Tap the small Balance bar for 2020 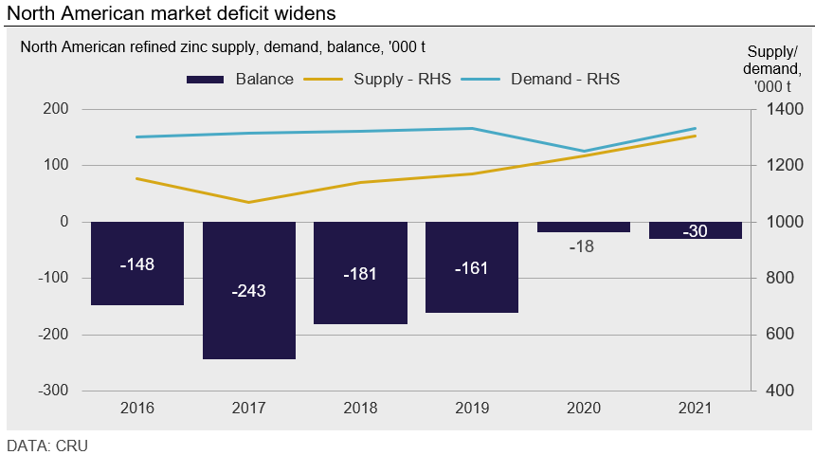tap(584, 227)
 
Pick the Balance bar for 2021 tap(696, 230)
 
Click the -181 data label tap(360, 274)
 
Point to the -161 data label tap(472, 267)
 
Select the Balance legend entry tap(241, 79)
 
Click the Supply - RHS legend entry tap(375, 79)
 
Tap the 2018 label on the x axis tap(360, 409)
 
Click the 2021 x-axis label tap(696, 409)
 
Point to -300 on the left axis tap(53, 391)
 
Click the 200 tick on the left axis tap(57, 109)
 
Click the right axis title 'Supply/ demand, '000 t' tap(772, 67)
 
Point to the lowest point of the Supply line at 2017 tap(249, 202)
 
